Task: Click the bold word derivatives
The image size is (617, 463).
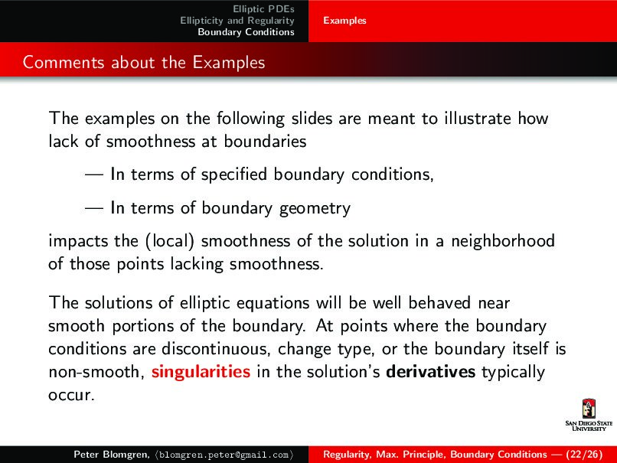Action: (x=431, y=373)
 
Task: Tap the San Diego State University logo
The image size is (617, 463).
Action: (x=588, y=415)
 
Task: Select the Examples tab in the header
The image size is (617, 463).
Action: (x=344, y=21)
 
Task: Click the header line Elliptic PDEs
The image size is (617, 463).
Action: (x=263, y=8)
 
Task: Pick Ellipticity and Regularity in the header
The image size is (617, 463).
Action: (x=237, y=20)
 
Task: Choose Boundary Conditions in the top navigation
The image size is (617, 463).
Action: (x=246, y=32)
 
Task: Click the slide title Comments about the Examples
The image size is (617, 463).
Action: (x=144, y=62)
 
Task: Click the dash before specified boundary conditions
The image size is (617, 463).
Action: (x=95, y=175)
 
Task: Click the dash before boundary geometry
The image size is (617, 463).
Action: (x=95, y=208)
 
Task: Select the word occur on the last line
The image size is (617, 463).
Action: (x=67, y=396)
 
